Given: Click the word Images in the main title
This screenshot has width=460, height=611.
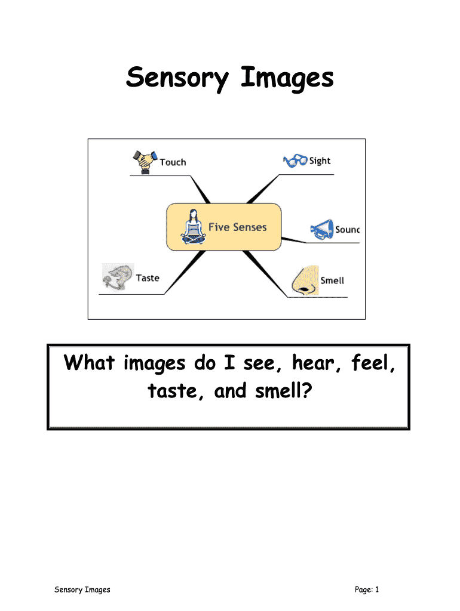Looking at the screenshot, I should coord(287,78).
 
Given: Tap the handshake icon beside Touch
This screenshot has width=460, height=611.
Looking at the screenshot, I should coord(143,162).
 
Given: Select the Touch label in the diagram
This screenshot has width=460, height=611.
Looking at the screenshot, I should coord(173,162).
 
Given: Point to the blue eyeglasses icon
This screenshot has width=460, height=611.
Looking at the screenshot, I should coord(295,161).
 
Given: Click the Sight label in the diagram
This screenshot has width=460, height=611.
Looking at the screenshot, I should coord(320,161).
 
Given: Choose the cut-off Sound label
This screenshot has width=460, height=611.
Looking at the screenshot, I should coord(347,229).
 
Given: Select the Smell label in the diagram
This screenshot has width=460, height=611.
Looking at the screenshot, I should coord(332,280).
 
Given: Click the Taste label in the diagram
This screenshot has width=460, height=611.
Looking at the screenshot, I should coord(148,277).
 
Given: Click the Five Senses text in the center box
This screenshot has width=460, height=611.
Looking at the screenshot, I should coord(237,227).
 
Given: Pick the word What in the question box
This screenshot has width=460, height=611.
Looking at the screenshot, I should coord(90,363).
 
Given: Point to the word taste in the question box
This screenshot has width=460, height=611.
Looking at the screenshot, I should coord(168,392).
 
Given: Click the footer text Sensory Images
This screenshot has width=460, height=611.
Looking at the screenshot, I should coord(82,590).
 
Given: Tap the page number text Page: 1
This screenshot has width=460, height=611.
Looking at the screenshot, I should coord(367,590).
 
